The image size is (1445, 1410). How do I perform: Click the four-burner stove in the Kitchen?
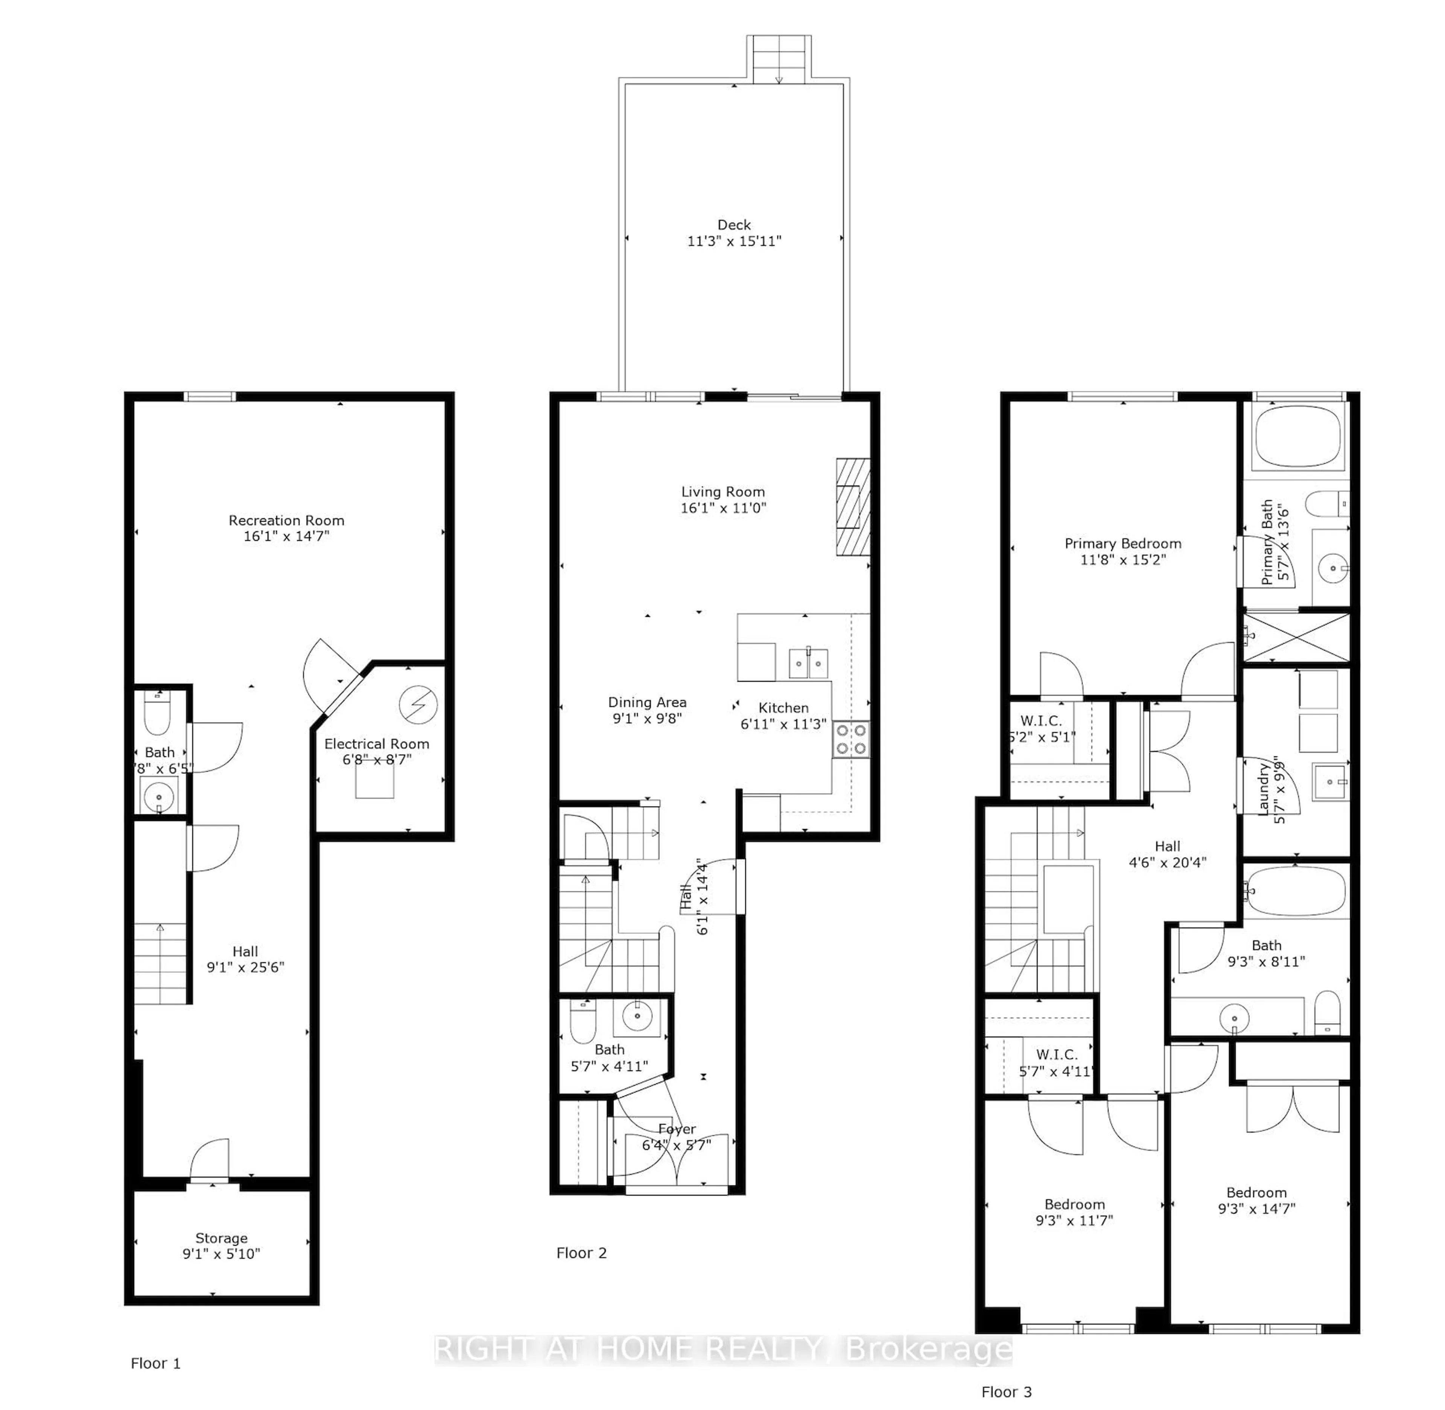pyautogui.click(x=850, y=739)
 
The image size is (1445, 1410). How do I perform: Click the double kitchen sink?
pyautogui.click(x=808, y=663)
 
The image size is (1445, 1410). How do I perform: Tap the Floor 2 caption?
pyautogui.click(x=581, y=1252)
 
